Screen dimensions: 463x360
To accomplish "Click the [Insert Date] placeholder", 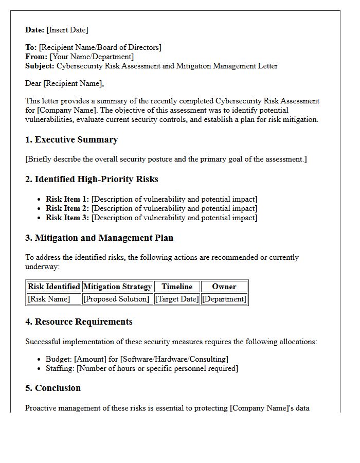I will coord(67,30).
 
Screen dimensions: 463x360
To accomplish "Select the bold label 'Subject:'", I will coord(40,66).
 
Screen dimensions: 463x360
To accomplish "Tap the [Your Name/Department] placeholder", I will coord(92,57).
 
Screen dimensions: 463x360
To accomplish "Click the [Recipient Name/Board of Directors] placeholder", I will coord(100,47).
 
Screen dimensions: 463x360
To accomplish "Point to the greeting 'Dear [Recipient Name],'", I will coord(64,83).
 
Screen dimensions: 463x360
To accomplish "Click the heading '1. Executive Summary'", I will coord(71,140).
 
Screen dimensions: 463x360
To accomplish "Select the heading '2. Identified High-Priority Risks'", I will coord(92,180).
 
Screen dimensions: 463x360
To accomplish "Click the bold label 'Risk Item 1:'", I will coord(67,199).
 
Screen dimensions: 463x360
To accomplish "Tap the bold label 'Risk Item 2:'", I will coord(67,208).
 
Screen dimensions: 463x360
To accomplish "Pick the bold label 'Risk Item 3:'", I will coord(67,218).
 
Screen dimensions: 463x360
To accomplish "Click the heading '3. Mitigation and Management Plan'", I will coord(99,238).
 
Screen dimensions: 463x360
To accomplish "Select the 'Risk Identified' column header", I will coord(54,287).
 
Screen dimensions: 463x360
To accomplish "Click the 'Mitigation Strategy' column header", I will coord(118,287).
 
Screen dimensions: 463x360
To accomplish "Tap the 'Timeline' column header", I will coord(177,287).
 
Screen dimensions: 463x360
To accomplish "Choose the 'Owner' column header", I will coord(224,287).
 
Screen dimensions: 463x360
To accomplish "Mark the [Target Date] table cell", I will coord(177,299).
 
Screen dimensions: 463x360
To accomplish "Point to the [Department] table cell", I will coord(224,299).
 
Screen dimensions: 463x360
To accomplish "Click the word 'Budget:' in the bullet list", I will coord(59,359).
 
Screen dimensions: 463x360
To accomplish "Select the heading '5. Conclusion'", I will coord(53,388).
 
